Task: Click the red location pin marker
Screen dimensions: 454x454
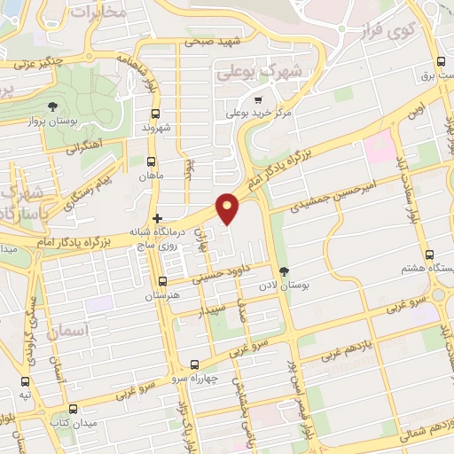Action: tap(229, 207)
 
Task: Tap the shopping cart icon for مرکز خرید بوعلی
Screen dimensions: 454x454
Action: tap(258, 99)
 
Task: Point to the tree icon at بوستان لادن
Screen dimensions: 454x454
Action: tap(284, 271)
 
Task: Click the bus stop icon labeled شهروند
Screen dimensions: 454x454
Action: tap(156, 113)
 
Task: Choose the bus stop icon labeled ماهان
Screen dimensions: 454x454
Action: tap(151, 162)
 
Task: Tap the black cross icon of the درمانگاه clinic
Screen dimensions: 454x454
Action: tap(157, 218)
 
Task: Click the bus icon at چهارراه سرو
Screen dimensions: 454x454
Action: tap(195, 364)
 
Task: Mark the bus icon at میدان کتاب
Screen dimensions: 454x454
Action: tap(72, 409)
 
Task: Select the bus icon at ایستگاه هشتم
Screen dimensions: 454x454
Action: tap(429, 254)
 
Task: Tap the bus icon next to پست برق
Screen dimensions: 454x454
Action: tap(441, 62)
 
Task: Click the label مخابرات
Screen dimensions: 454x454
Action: tap(98, 14)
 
